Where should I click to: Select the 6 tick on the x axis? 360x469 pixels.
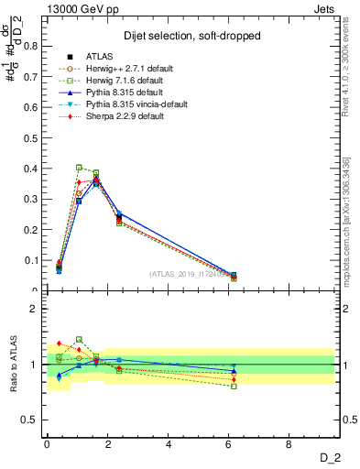click(229, 444)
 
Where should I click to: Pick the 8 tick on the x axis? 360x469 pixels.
click(289, 444)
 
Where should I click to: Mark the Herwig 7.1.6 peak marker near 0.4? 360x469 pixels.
click(79, 168)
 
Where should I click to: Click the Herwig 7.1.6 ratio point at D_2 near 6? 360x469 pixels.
click(234, 386)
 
